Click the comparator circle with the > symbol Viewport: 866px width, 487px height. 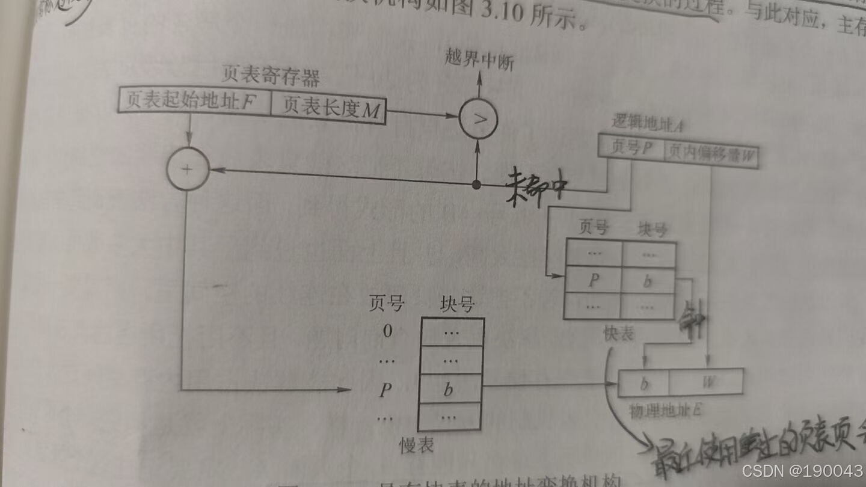pyautogui.click(x=479, y=119)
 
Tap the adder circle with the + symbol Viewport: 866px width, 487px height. pyautogui.click(x=187, y=169)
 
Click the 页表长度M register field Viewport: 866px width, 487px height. pyautogui.click(x=328, y=109)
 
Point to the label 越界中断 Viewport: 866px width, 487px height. pyautogui.click(x=479, y=61)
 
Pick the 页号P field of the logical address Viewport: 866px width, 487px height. pyautogui.click(x=631, y=148)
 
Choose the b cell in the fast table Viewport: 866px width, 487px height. pyautogui.click(x=648, y=281)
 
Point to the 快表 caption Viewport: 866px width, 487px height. pyautogui.click(x=618, y=334)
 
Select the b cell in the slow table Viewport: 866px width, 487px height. pyautogui.click(x=449, y=389)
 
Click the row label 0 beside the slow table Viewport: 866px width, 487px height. pyautogui.click(x=388, y=331)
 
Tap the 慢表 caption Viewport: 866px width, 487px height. pyautogui.click(x=417, y=445)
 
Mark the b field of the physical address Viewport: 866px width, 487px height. pyautogui.click(x=644, y=382)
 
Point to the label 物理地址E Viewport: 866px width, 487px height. pyautogui.click(x=665, y=411)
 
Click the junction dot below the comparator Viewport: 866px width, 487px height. pyautogui.click(x=476, y=185)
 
